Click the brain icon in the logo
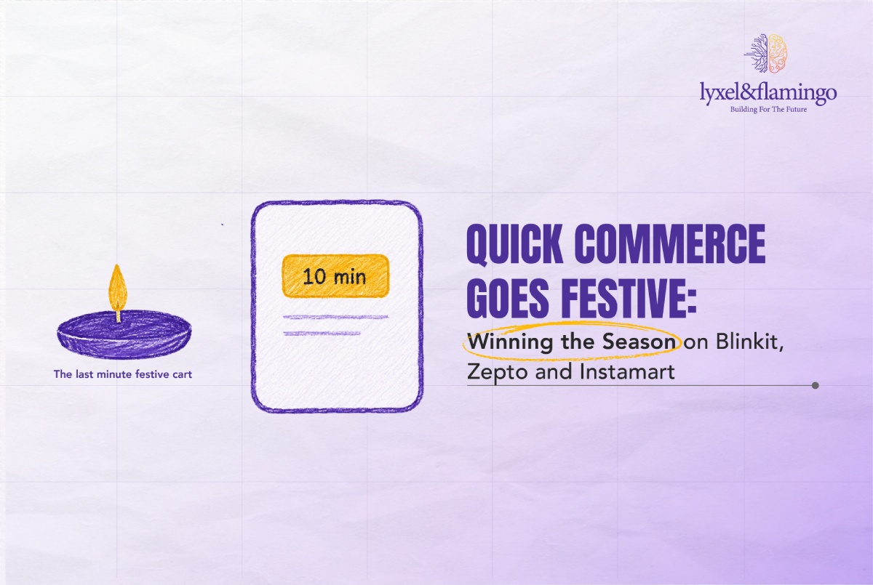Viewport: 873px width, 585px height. click(x=766, y=53)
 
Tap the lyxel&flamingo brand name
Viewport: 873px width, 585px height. click(x=768, y=93)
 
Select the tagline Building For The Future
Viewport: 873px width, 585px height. click(x=768, y=110)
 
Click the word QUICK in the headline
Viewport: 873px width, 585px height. click(x=514, y=245)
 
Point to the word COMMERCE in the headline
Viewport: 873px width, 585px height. click(x=670, y=243)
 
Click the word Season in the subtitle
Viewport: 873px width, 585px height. click(x=639, y=342)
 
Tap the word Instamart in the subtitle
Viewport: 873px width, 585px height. click(x=627, y=371)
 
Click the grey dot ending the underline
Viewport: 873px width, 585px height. click(x=815, y=385)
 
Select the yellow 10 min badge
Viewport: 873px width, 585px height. click(x=335, y=276)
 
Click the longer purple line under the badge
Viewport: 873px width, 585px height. click(x=336, y=318)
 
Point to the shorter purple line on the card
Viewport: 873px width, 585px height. click(x=322, y=334)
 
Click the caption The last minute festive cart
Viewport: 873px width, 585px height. click(x=123, y=374)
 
